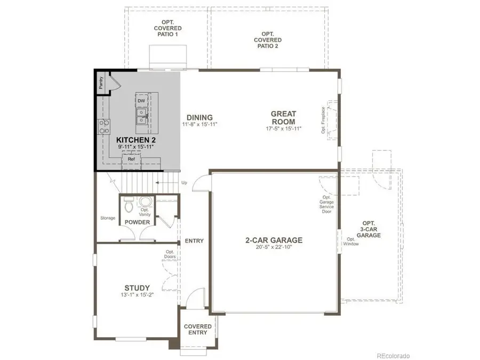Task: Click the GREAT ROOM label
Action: pos(283,117)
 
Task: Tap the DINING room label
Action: pos(199,117)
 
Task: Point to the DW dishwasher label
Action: pos(141,101)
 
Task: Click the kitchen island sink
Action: pos(141,113)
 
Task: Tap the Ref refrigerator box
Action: pos(131,159)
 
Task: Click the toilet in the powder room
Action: pos(129,204)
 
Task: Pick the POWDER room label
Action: pos(137,222)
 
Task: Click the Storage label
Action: pos(107,218)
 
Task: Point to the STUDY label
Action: pos(137,287)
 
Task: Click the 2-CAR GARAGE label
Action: pos(274,240)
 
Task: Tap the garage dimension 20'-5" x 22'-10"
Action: pos(274,247)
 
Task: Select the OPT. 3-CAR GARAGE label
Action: pos(369,229)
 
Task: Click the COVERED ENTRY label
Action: pos(198,330)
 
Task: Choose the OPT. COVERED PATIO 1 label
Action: pos(168,28)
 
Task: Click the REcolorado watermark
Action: pos(393,355)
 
